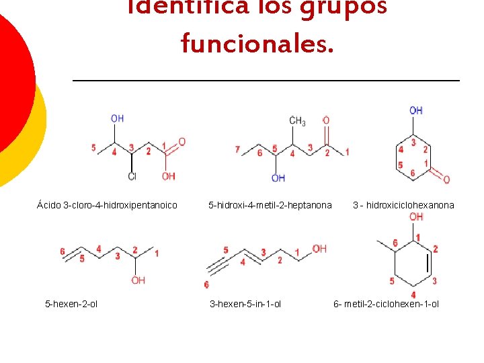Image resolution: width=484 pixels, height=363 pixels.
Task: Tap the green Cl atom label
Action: (132, 177)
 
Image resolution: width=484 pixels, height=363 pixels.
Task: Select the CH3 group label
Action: (297, 122)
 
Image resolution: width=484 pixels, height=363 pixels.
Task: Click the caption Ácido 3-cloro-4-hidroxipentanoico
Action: (107, 205)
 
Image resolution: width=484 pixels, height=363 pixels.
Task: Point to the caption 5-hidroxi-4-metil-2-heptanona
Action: (270, 205)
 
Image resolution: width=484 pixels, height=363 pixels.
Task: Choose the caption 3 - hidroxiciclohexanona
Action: (403, 205)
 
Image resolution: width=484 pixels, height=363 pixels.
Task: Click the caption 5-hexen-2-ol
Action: (71, 304)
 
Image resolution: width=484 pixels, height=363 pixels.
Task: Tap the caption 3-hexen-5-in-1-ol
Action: (245, 304)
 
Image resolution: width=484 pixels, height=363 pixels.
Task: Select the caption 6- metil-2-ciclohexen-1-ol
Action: (386, 304)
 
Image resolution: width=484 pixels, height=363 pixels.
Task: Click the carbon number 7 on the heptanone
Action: (238, 149)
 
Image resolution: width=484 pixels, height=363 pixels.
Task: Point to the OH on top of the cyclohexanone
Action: (415, 110)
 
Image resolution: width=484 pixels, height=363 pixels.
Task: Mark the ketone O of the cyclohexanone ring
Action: (446, 179)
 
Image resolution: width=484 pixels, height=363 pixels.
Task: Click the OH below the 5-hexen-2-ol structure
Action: (138, 280)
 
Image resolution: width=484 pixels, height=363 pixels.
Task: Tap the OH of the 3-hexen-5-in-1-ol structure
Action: (319, 249)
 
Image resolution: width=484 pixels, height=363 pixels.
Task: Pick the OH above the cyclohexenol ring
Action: (416, 216)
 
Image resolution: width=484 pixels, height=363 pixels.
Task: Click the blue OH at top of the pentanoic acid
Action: (117, 118)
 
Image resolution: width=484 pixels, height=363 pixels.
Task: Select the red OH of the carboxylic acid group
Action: (168, 176)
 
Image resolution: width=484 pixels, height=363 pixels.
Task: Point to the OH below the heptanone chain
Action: (278, 178)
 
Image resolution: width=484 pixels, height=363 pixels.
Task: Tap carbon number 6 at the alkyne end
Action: (206, 285)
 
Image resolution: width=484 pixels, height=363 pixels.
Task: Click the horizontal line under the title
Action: (266, 81)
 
